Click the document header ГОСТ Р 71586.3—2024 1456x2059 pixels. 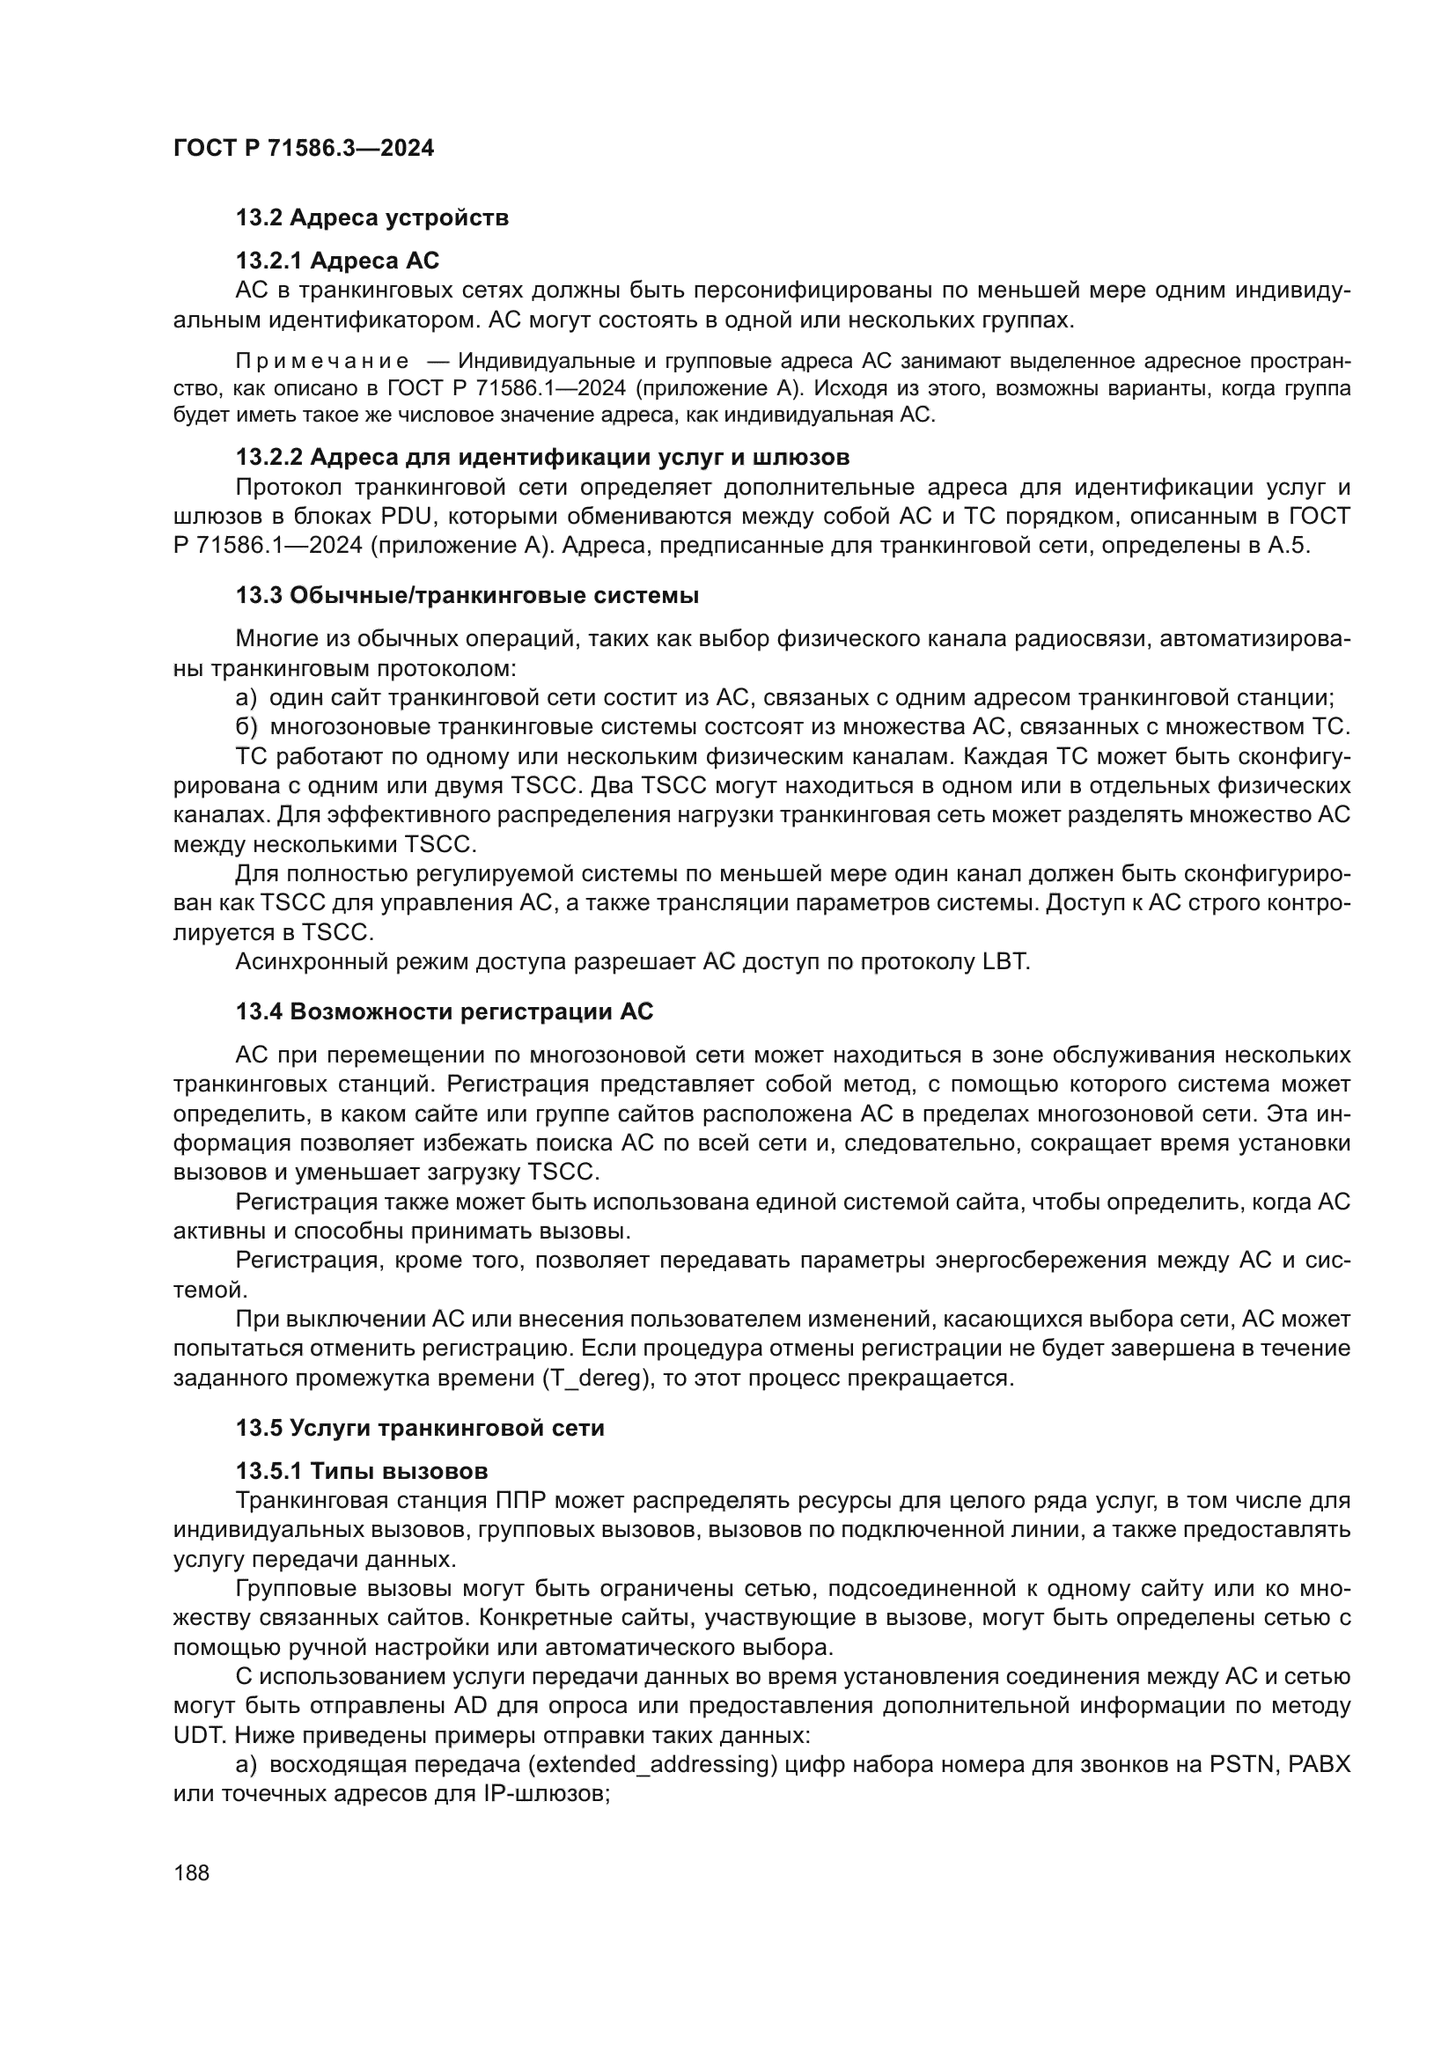[303, 149]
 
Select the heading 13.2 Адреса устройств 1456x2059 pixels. [372, 218]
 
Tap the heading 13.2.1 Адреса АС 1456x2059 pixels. [337, 261]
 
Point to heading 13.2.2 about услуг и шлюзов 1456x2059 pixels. [542, 458]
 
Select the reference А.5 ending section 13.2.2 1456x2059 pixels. [1289, 546]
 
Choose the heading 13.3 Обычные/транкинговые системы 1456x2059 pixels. [467, 595]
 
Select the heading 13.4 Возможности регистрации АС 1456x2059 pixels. [445, 1011]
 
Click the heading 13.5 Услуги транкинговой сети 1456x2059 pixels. [420, 1429]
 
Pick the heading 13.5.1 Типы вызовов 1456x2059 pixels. [361, 1472]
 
